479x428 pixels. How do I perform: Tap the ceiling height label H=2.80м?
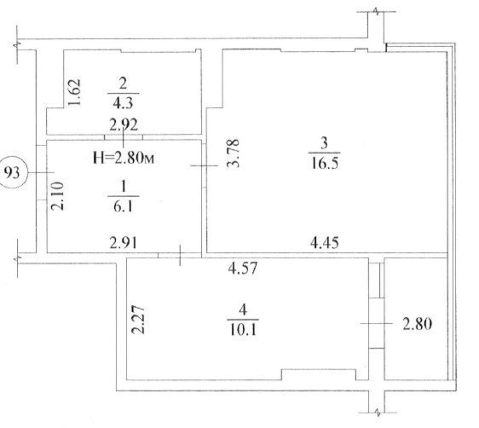(123, 158)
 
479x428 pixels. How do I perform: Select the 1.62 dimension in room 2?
(74, 92)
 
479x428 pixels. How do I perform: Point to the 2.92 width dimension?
(123, 125)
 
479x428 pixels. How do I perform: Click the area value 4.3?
(123, 103)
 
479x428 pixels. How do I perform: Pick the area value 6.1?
(123, 206)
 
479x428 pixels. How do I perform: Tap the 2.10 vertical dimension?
(57, 196)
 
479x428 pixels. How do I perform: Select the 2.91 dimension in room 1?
(123, 242)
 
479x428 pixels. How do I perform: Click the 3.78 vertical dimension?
(233, 153)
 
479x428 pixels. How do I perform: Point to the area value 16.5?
(325, 163)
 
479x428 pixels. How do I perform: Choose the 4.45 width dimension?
(325, 242)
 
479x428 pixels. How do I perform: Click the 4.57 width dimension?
(243, 268)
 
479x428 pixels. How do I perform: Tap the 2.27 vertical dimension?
(138, 320)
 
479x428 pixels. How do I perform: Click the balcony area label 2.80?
(417, 324)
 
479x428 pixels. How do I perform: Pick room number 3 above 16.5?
(324, 143)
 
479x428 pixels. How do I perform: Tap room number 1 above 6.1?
(123, 186)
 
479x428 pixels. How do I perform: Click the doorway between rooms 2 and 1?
(123, 137)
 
